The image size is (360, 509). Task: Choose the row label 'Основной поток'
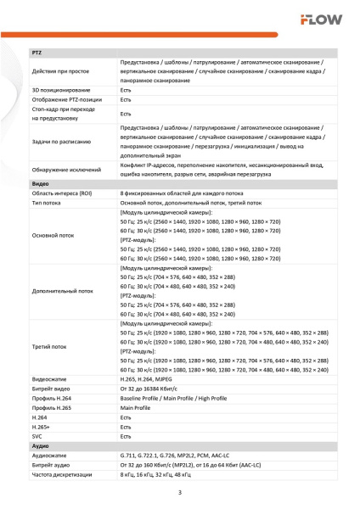coord(53,235)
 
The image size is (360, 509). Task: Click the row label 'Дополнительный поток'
coord(62,290)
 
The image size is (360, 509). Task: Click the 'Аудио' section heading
coord(40,445)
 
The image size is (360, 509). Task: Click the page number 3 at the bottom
coord(179,493)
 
